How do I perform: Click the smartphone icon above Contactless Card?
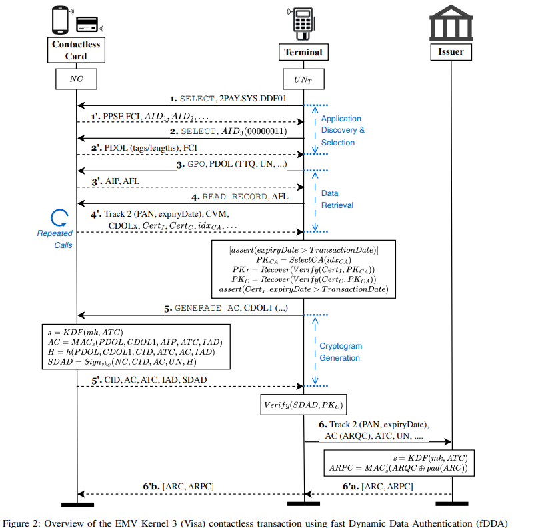[x=60, y=20]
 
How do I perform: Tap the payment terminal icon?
[x=303, y=24]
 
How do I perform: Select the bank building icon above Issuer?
[x=451, y=23]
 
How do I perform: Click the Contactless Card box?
[x=76, y=50]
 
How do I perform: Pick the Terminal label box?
[x=303, y=52]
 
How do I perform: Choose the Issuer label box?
[x=451, y=52]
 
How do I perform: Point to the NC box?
[x=76, y=79]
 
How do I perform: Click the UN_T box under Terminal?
[x=303, y=79]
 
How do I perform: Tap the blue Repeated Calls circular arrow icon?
[x=59, y=218]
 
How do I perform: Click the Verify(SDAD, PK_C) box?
[x=303, y=405]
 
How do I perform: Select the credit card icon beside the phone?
[x=87, y=25]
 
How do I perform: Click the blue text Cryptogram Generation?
[x=341, y=352]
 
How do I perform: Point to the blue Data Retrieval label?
[x=337, y=199]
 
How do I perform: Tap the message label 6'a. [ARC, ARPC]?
[x=378, y=487]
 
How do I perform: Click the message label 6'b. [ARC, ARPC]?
[x=179, y=487]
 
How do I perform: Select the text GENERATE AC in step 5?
[x=207, y=308]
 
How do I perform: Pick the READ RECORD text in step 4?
[x=235, y=197]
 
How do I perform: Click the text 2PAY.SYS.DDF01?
[x=253, y=99]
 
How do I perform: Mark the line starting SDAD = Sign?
[x=122, y=362]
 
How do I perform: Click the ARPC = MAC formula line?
[x=399, y=468]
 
